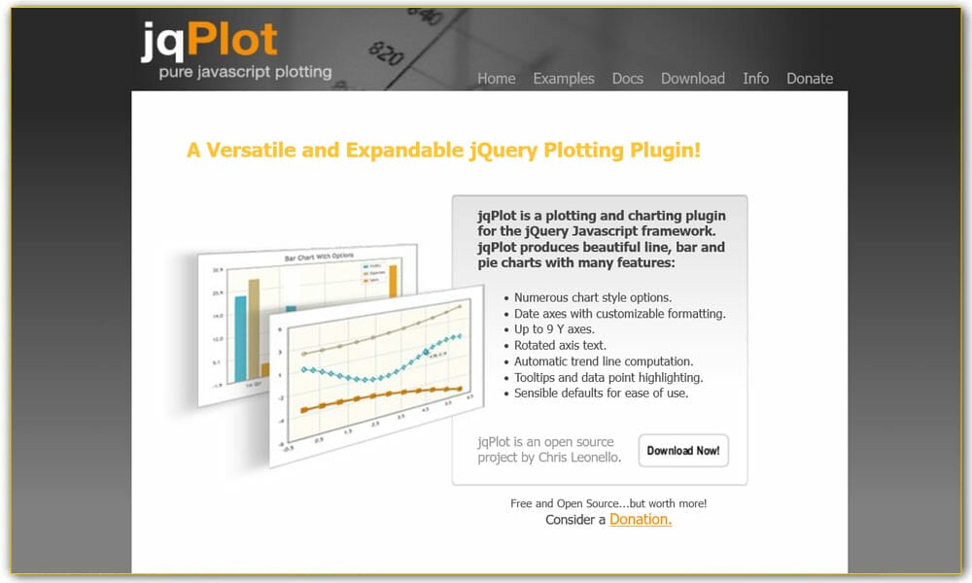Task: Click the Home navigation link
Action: point(496,79)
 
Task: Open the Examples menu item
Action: point(563,79)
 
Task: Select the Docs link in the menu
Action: point(627,79)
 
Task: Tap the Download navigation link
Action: point(692,79)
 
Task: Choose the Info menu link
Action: point(755,79)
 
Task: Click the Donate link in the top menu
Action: point(809,79)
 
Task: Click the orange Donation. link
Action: point(640,520)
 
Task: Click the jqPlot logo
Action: point(208,39)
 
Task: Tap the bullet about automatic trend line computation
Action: point(603,361)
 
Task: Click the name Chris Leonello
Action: point(579,457)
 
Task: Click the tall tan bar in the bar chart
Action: point(254,326)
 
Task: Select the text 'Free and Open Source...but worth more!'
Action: point(608,503)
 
